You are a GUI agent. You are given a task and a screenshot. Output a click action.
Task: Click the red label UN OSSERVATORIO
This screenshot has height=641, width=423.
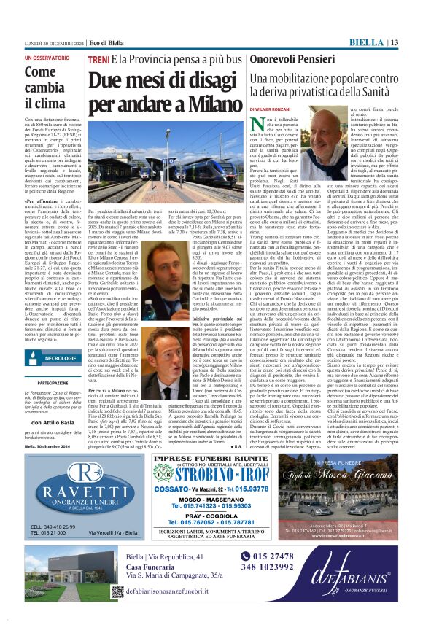click(x=49, y=57)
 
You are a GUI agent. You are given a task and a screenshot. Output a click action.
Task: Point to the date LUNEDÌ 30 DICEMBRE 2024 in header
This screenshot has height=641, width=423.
click(x=45, y=42)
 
